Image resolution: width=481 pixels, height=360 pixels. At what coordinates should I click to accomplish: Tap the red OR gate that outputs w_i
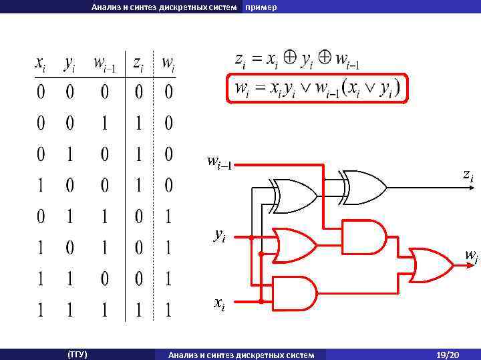point(431,265)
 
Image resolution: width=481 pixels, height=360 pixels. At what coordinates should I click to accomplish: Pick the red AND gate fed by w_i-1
point(364,236)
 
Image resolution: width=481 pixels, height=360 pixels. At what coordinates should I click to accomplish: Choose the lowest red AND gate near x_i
point(295,293)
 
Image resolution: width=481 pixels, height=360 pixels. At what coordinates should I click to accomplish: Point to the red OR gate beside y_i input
point(295,246)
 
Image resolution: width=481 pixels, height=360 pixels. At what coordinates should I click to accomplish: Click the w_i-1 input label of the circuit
point(219,162)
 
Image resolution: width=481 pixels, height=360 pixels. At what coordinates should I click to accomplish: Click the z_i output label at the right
point(468,175)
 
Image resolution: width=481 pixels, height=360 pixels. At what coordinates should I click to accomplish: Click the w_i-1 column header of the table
point(104,64)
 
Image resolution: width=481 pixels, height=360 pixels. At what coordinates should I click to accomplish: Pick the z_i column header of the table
point(137,64)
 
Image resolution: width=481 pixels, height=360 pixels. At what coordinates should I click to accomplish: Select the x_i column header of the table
point(41,64)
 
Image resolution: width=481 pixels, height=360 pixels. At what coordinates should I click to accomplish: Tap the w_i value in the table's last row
point(168,310)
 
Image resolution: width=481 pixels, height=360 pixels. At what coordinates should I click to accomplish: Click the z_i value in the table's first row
point(137,92)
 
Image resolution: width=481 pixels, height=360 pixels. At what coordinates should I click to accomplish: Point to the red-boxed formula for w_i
point(317,87)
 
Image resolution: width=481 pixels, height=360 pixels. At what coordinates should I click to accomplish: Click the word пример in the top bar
point(261,7)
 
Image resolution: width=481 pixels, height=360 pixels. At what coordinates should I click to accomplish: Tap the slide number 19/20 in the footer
point(446,354)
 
